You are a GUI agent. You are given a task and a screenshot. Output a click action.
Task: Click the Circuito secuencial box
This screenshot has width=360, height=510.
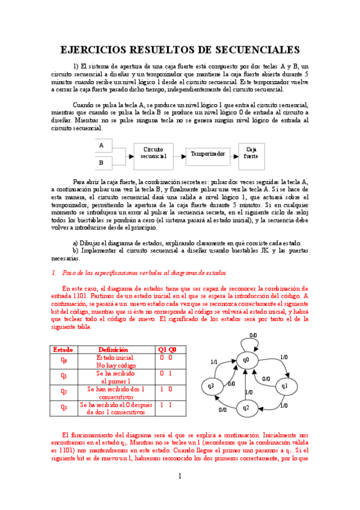(x=153, y=152)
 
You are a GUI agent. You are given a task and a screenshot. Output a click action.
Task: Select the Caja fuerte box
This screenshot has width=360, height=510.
(x=251, y=152)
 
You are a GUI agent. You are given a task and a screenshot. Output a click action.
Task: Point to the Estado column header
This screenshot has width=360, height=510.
(x=63, y=349)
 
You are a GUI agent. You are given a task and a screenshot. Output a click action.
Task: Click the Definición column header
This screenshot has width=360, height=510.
(x=113, y=349)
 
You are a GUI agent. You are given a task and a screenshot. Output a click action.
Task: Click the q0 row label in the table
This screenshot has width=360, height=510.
(x=63, y=361)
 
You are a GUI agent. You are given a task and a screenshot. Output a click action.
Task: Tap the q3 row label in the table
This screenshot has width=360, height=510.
(x=63, y=409)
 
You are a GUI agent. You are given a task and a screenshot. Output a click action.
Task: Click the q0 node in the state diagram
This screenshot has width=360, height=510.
(x=246, y=359)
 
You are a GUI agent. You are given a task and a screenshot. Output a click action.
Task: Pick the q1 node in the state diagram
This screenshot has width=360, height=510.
(x=285, y=386)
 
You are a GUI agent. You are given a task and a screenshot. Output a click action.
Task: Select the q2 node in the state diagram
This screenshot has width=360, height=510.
(x=246, y=408)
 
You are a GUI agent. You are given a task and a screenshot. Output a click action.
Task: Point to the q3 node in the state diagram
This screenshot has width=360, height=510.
(x=211, y=386)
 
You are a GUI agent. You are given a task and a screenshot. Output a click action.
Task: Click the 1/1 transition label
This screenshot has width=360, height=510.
(x=214, y=362)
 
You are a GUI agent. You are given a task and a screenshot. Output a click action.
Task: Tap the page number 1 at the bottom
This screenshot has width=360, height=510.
(x=179, y=477)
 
